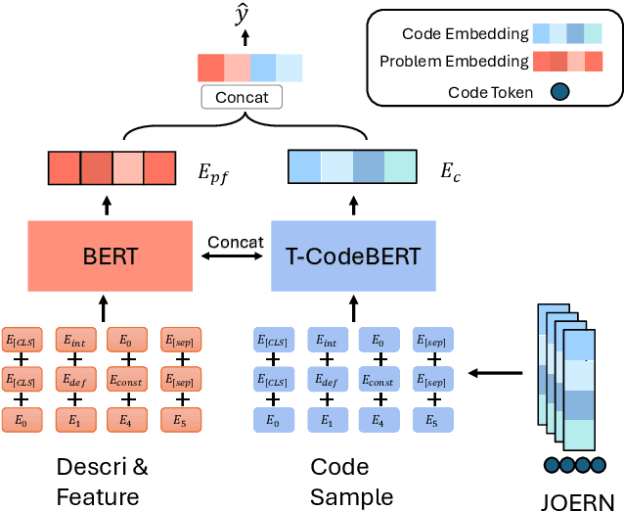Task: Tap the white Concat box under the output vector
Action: point(242,98)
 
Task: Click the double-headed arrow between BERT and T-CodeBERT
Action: point(236,257)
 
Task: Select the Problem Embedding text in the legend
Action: point(451,63)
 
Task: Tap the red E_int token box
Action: point(74,340)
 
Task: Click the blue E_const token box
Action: point(379,381)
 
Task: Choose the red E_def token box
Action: point(74,381)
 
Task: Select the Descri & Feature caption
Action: point(103,482)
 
